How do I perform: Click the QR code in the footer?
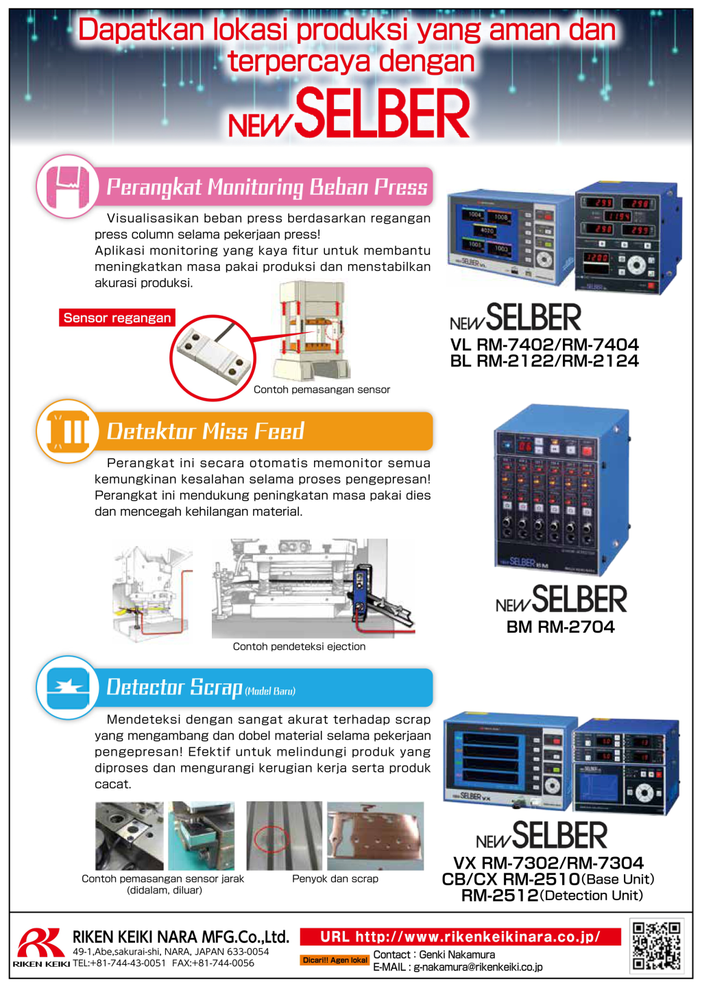(x=656, y=946)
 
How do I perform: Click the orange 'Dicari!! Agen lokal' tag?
(x=335, y=960)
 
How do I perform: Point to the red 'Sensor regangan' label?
(x=117, y=318)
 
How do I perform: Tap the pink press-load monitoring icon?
(x=67, y=187)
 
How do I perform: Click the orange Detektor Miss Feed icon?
(x=67, y=432)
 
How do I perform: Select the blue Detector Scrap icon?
(x=67, y=688)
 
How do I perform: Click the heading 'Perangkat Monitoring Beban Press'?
(x=267, y=187)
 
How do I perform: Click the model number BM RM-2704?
(x=560, y=626)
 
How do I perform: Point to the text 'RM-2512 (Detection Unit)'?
(x=552, y=895)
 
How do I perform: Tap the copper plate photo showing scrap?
(x=375, y=836)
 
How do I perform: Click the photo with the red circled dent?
(x=284, y=836)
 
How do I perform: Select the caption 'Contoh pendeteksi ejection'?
(x=299, y=646)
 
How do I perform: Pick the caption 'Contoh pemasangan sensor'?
(x=322, y=390)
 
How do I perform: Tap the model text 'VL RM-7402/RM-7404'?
(x=544, y=344)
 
